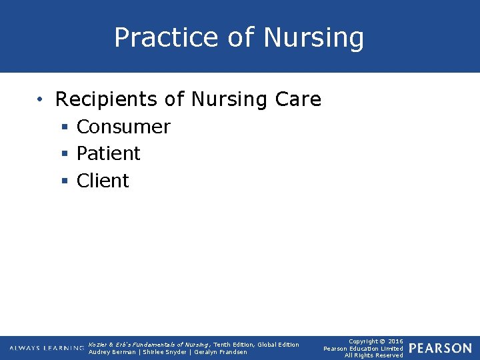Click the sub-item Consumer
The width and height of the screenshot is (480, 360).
click(123, 127)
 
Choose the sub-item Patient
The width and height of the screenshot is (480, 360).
click(108, 153)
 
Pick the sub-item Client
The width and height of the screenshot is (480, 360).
click(103, 181)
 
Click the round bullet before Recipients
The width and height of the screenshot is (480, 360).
click(41, 100)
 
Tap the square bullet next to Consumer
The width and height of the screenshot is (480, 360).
click(65, 127)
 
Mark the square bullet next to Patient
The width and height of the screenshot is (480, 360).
click(65, 154)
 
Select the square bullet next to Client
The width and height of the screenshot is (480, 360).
click(65, 181)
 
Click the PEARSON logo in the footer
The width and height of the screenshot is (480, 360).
click(440, 349)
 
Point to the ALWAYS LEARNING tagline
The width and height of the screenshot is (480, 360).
click(47, 349)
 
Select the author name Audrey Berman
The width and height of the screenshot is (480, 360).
click(111, 352)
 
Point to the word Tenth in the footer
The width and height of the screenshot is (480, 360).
click(223, 345)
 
